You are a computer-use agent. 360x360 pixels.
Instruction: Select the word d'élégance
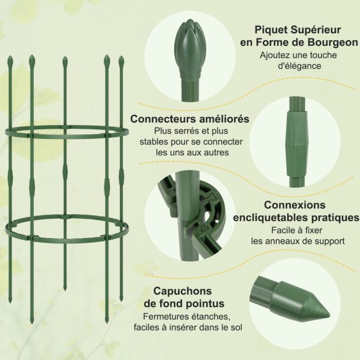(x=299, y=66)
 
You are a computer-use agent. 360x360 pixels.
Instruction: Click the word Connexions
(x=295, y=205)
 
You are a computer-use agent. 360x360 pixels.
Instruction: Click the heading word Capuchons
(x=183, y=291)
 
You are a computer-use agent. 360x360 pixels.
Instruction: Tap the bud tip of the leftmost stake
(x=10, y=60)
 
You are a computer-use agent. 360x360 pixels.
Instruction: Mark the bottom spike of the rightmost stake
(x=121, y=299)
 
